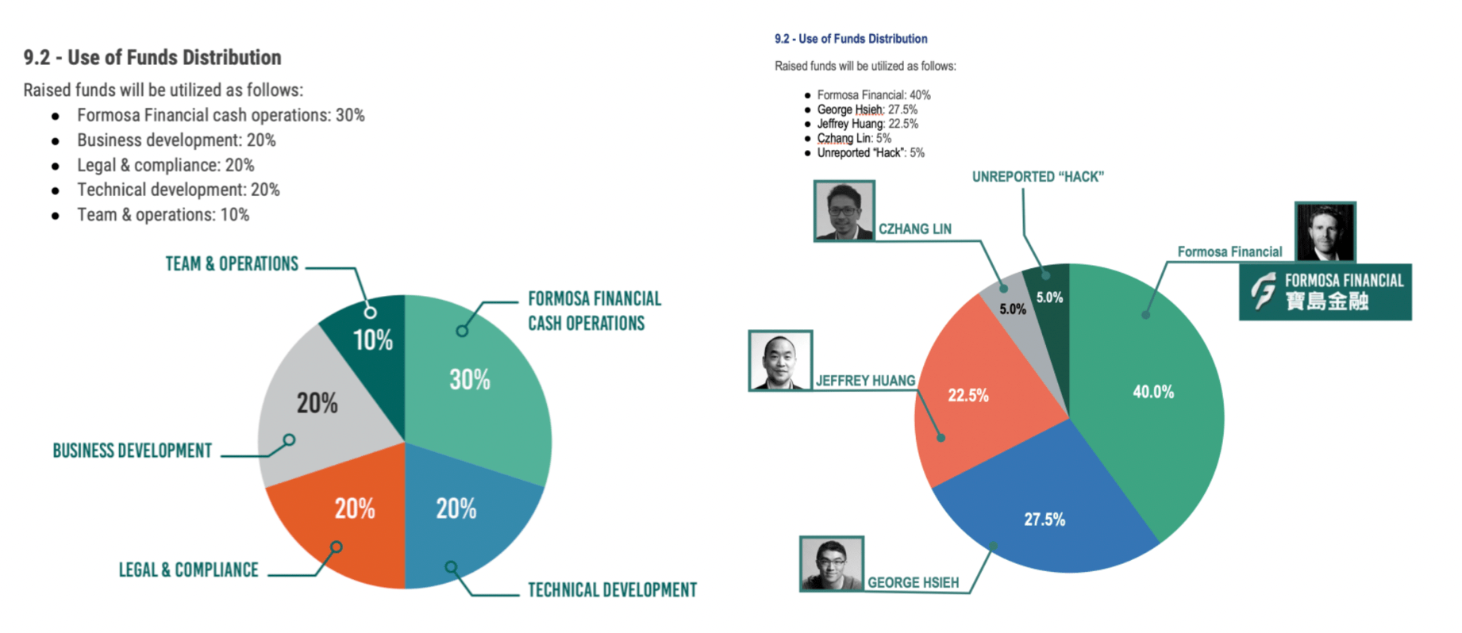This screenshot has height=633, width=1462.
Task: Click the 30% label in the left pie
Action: point(470,380)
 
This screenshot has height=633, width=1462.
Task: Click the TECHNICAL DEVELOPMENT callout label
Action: point(612,590)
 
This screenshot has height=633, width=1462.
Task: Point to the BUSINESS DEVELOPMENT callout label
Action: point(133,451)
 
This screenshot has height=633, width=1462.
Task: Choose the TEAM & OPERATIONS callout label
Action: point(232,264)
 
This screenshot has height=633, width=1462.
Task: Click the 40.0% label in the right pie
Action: point(1153,392)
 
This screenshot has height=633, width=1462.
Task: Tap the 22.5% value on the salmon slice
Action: point(968,395)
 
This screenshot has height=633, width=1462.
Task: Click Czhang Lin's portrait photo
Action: point(844,210)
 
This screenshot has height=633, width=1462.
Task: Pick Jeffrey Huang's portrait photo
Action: point(780,361)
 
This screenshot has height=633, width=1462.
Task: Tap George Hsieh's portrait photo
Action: point(832,564)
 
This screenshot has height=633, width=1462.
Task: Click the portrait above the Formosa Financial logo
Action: point(1325,232)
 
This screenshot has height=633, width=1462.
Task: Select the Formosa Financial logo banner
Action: point(1325,292)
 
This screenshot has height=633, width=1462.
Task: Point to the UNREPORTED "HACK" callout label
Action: point(1038,177)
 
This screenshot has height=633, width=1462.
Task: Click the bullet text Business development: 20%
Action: point(176,140)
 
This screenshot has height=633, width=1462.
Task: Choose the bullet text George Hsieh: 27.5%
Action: point(868,109)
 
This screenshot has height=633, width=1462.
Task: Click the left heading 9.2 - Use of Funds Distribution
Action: point(152,58)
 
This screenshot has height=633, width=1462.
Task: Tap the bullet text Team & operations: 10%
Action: point(163,215)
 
